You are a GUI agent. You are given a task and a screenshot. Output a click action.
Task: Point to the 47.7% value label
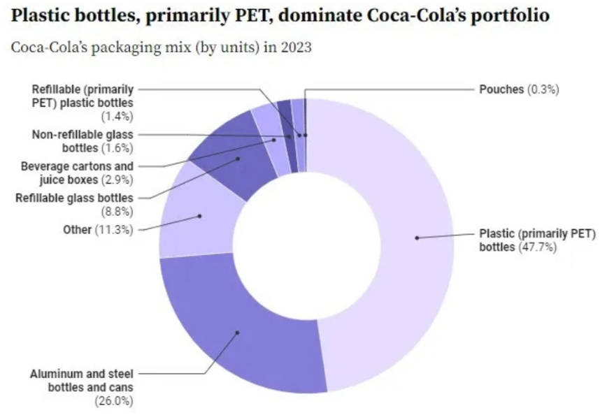point(537,247)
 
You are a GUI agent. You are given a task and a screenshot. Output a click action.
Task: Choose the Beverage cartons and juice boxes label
point(76,172)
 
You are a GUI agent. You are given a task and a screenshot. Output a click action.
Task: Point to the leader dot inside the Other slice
point(200,216)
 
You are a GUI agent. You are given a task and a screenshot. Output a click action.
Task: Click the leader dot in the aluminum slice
point(237,332)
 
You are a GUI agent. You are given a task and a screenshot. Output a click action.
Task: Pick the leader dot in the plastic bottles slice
point(416,238)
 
